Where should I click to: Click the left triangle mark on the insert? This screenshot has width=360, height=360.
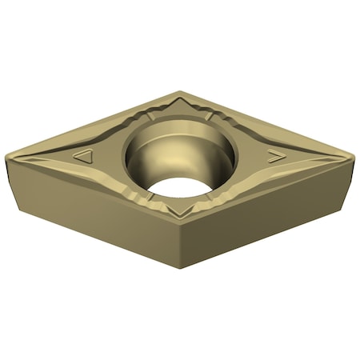coord(83,157)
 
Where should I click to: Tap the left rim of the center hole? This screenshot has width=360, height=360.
coord(126,156)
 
